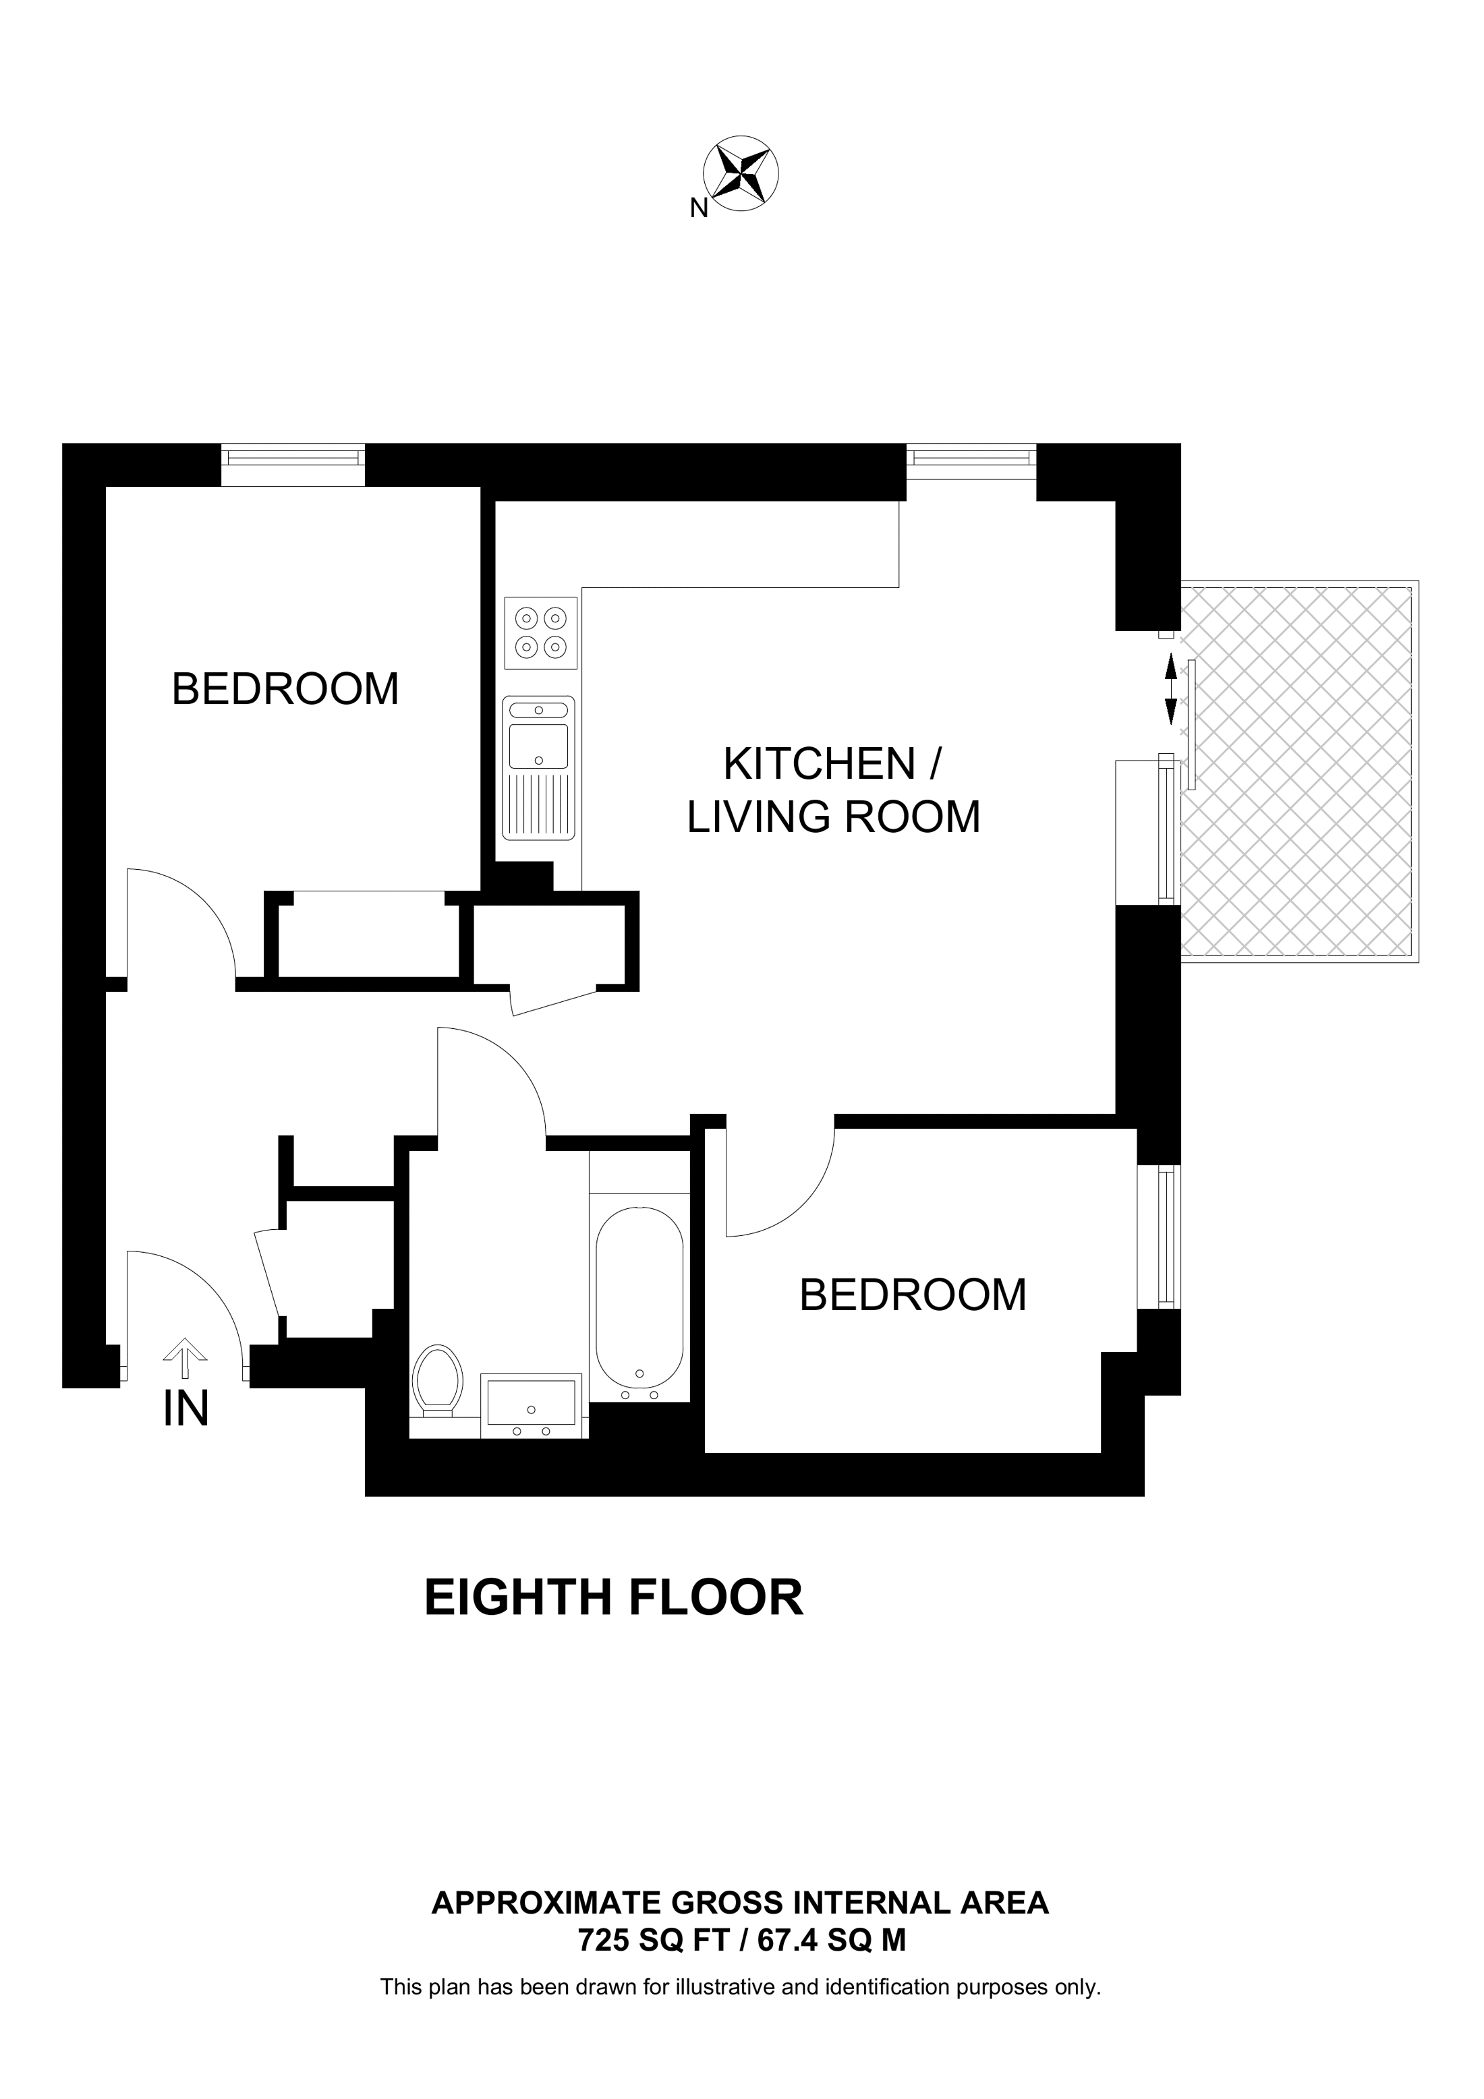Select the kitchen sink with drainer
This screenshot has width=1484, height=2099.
pos(538,768)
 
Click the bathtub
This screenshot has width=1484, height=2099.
pos(639,1302)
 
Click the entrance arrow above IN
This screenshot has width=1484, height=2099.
pos(185,1357)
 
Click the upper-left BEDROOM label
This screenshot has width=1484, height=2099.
pos(285,689)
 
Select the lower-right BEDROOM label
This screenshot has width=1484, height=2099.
pos(913,1295)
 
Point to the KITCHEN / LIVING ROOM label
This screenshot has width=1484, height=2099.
pos(833,790)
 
